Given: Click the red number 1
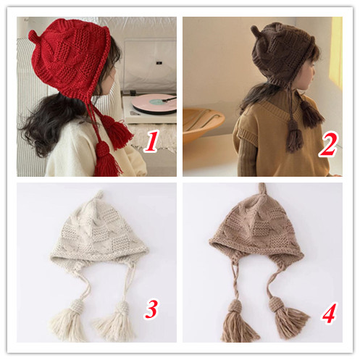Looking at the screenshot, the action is coord(151,141).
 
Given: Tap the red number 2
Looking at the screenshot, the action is coord(328,144).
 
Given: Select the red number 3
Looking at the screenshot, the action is coord(151,309).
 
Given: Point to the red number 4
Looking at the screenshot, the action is coord(328,313).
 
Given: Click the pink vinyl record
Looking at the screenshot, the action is coord(154,103).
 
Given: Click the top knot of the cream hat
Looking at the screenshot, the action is coord(99,195).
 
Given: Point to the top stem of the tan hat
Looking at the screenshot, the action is coord(262,190).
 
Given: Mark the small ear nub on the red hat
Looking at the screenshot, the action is coord(33,35).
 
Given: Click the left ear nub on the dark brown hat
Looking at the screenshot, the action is coord(254,30).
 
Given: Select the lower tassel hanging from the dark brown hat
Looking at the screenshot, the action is coord(293,137).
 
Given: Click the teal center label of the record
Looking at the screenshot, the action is coord(158,101).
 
